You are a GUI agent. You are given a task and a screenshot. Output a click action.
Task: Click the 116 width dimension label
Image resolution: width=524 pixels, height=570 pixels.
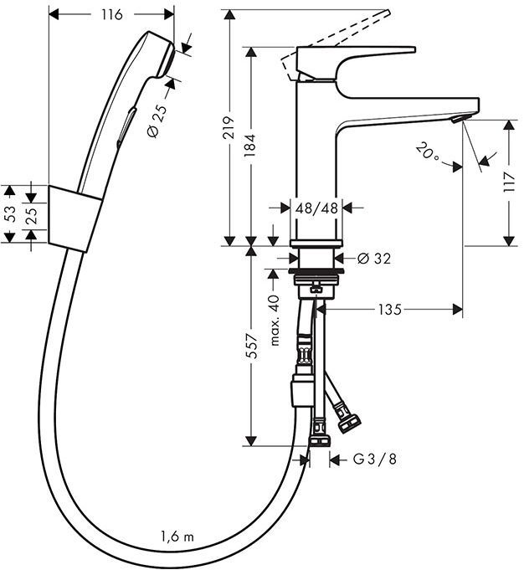[x=110, y=14]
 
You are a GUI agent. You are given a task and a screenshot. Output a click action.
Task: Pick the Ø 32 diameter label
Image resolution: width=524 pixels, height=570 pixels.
[x=373, y=259]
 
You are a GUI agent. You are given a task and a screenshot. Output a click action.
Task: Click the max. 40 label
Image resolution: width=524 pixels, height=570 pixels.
[x=274, y=319]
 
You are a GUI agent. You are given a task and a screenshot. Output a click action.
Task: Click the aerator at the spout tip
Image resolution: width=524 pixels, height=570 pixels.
[x=455, y=122]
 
